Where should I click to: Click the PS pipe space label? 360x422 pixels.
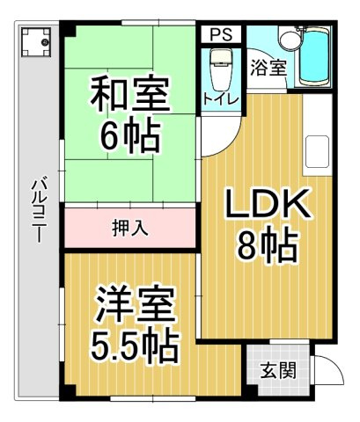pos(221,34)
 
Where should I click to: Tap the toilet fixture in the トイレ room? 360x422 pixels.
pos(220,69)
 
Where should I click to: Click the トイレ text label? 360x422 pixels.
pos(221,99)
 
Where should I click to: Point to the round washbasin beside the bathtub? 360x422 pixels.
pos(289,40)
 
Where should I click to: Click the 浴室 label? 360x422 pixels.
pos(268,68)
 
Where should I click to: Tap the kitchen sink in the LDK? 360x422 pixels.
pos(317,152)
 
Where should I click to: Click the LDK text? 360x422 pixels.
pos(268,204)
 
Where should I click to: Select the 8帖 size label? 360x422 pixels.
pos(268,245)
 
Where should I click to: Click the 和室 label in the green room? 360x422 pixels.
pos(129,94)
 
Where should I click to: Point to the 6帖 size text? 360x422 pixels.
pos(130,135)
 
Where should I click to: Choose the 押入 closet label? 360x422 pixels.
pos(130,228)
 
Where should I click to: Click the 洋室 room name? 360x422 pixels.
pos(135,305)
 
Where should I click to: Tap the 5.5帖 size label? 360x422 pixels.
pos(135,346)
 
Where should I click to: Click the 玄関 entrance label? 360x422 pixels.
pos(278,370)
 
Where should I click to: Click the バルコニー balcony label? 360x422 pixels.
pos(39,210)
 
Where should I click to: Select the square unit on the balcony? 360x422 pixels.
pos(36,42)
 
